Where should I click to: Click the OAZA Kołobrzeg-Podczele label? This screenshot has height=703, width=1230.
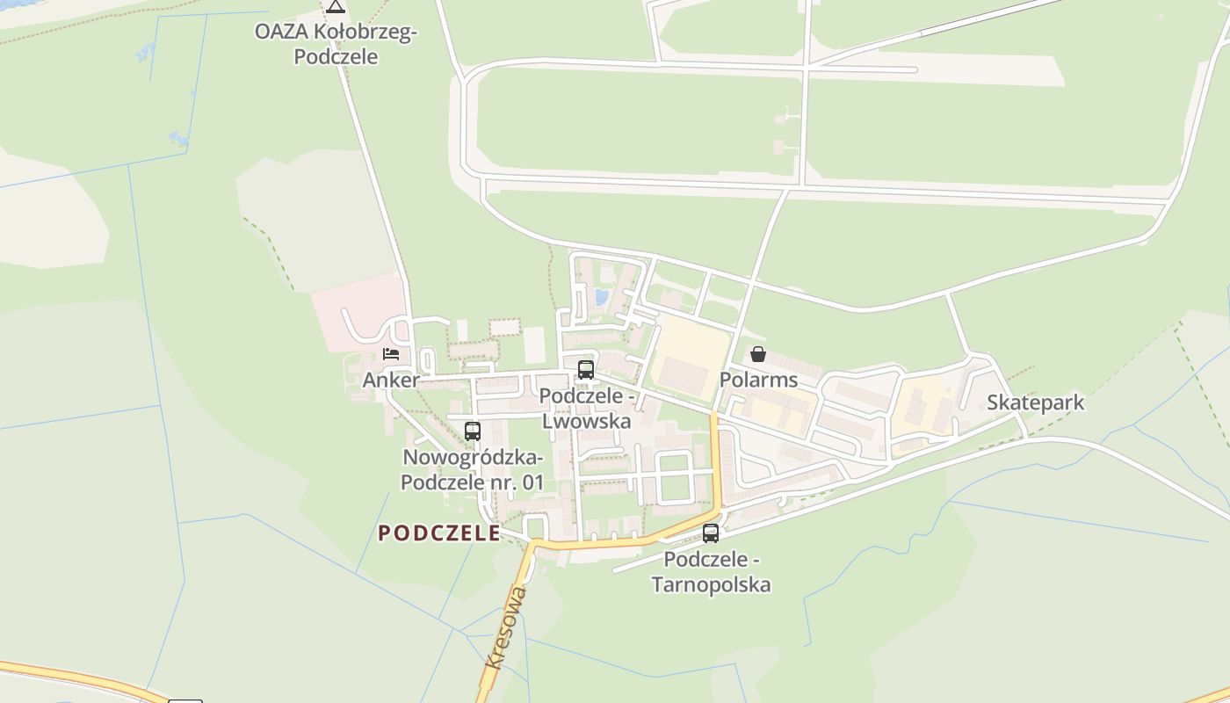pyautogui.click(x=336, y=44)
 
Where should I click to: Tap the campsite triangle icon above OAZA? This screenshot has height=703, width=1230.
pyautogui.click(x=335, y=7)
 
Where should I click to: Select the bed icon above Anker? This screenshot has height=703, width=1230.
pyautogui.click(x=391, y=353)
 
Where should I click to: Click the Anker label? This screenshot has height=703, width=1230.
pyautogui.click(x=391, y=380)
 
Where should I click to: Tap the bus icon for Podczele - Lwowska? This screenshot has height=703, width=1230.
pyautogui.click(x=586, y=370)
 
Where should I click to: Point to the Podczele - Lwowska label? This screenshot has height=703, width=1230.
pyautogui.click(x=587, y=409)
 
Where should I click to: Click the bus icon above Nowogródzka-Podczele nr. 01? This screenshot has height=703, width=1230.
pyautogui.click(x=473, y=431)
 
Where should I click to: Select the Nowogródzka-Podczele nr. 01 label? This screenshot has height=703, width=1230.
pyautogui.click(x=473, y=470)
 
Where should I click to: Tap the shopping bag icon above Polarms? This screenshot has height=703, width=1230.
pyautogui.click(x=758, y=354)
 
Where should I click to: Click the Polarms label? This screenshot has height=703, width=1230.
pyautogui.click(x=758, y=380)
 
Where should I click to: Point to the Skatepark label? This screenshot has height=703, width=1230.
pyautogui.click(x=1035, y=402)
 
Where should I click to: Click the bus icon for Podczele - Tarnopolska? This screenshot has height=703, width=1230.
pyautogui.click(x=711, y=533)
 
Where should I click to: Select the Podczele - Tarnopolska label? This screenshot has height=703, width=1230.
pyautogui.click(x=711, y=572)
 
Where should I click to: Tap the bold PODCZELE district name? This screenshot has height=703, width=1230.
pyautogui.click(x=439, y=533)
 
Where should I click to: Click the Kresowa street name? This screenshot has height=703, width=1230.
pyautogui.click(x=507, y=627)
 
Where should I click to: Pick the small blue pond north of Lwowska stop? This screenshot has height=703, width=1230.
pyautogui.click(x=602, y=297)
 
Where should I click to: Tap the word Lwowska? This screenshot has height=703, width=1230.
pyautogui.click(x=587, y=421)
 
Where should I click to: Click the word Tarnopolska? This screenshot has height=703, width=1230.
pyautogui.click(x=711, y=584)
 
